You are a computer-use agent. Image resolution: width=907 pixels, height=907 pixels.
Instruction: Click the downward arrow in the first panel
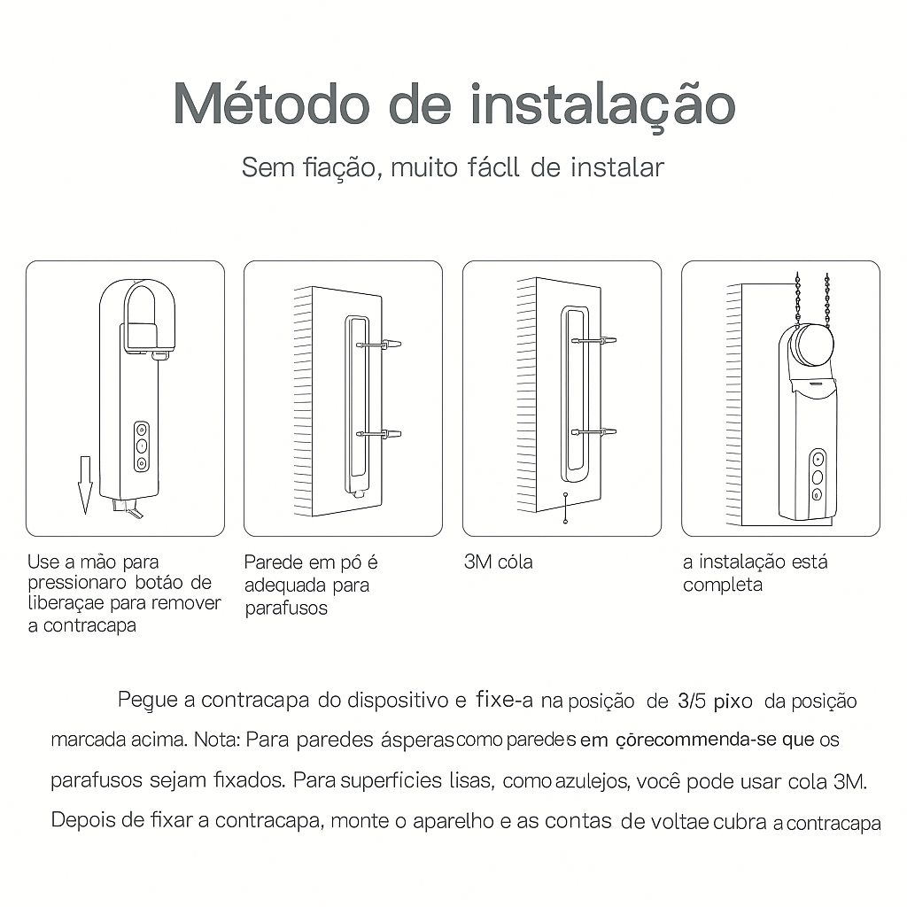(x=85, y=484)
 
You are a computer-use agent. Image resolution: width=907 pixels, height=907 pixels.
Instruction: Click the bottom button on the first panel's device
(x=141, y=462)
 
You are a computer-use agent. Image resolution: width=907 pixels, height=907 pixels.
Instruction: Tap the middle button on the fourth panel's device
(x=818, y=477)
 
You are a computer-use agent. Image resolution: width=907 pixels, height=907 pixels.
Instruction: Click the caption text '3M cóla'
(x=498, y=562)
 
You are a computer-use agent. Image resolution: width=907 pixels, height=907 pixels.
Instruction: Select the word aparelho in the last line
(x=451, y=821)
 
